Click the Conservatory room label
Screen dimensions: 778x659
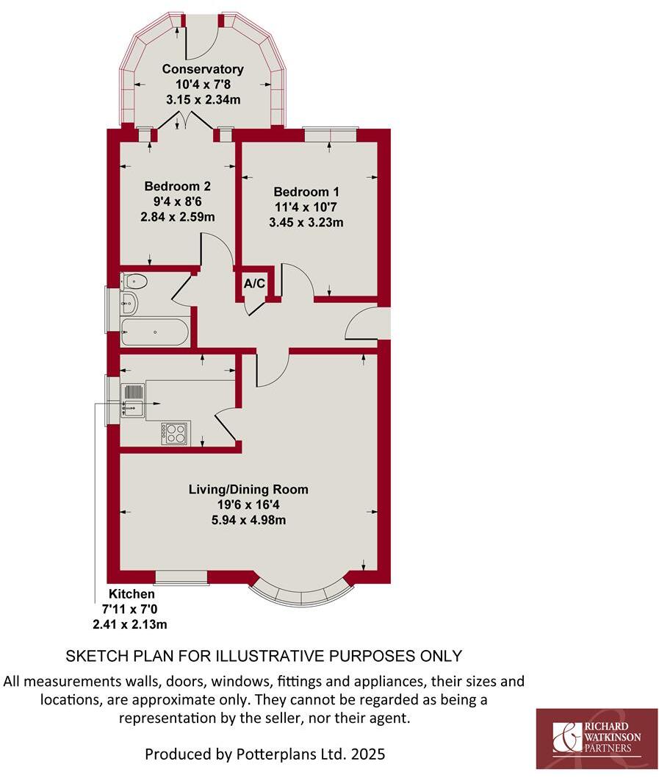tap(203, 70)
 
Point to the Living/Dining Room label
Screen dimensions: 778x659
tap(248, 489)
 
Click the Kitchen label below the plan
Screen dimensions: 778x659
tap(132, 594)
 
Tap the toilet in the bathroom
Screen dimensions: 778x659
tap(135, 282)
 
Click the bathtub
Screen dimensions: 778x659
tap(155, 332)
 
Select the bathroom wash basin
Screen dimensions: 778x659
tap(129, 301)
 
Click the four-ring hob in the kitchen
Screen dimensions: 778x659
tap(175, 433)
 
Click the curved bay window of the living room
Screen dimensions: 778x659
tap(301, 593)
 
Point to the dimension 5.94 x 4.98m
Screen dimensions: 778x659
tap(248, 520)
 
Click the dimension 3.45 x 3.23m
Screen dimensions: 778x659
tap(309, 223)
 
